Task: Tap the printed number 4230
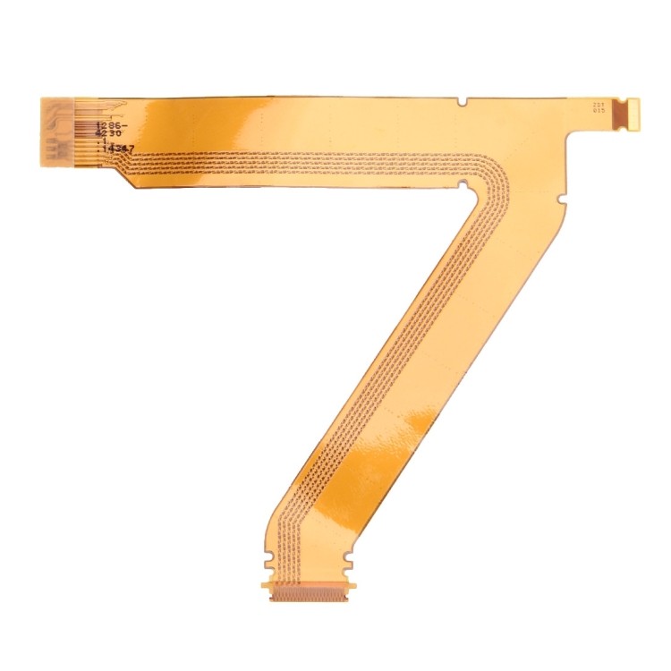point(111,138)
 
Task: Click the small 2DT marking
point(599,105)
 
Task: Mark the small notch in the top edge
point(461,101)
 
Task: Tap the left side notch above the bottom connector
point(268,564)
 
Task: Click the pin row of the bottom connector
point(308,593)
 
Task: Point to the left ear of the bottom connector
point(266,586)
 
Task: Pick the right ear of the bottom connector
point(350,586)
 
